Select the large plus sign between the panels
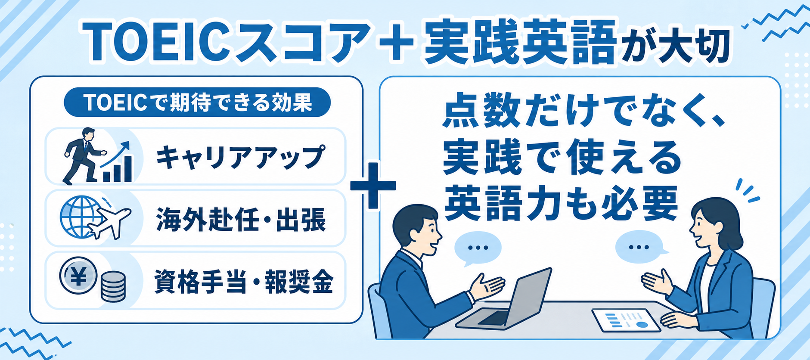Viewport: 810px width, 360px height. [372, 186]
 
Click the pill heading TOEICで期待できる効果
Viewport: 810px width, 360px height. [197, 102]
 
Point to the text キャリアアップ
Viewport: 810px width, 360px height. [240, 157]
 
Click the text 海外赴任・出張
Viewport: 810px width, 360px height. [241, 219]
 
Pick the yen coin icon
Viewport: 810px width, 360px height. [78, 276]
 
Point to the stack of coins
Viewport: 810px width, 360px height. [113, 287]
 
